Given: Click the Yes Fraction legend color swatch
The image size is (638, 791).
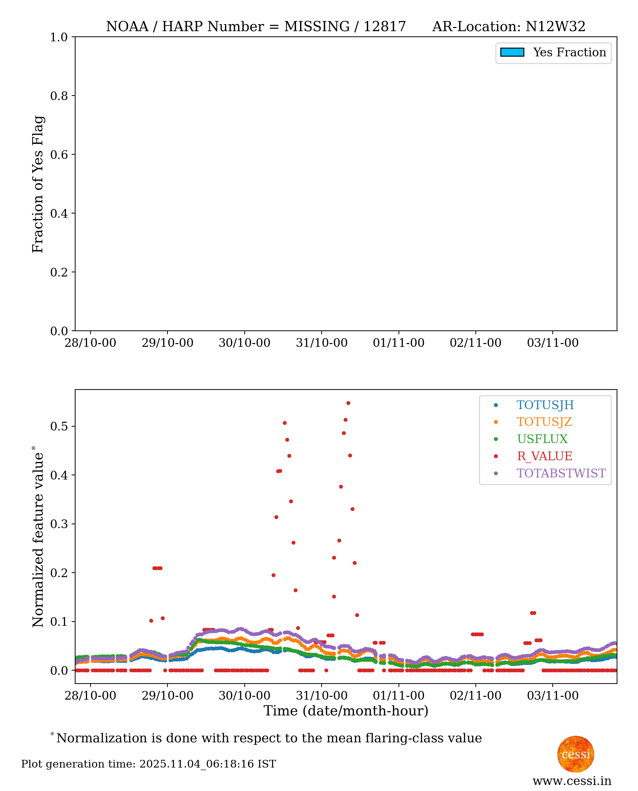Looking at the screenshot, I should coord(512,52).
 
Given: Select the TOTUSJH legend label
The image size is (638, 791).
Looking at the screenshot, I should coord(545,405).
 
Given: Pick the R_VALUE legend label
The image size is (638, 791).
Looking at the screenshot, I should coord(544,456).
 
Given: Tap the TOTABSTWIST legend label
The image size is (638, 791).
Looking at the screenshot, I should coord(561,473).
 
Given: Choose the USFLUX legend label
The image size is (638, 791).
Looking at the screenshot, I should coord(542,439).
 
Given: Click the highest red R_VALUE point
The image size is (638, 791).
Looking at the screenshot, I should coord(349,403).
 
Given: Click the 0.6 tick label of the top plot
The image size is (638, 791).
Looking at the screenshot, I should coord(59,154).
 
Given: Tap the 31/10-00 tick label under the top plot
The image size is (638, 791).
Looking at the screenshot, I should coord(322,343).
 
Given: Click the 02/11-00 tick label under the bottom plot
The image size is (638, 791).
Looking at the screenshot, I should coord(475,696).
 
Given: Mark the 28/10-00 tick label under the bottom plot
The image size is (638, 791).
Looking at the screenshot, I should coord(91,696).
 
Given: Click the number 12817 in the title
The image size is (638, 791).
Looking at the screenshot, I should coord(385,27).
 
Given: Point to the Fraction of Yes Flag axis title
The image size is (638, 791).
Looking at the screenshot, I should coord(38,184).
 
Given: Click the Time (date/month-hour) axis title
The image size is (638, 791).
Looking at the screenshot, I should coord(346,711).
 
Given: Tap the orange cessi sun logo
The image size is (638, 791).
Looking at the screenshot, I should coord(575,754).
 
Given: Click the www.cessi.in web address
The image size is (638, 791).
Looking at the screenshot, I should coord(572,781).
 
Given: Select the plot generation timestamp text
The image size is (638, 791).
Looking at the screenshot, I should coord(149,764).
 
